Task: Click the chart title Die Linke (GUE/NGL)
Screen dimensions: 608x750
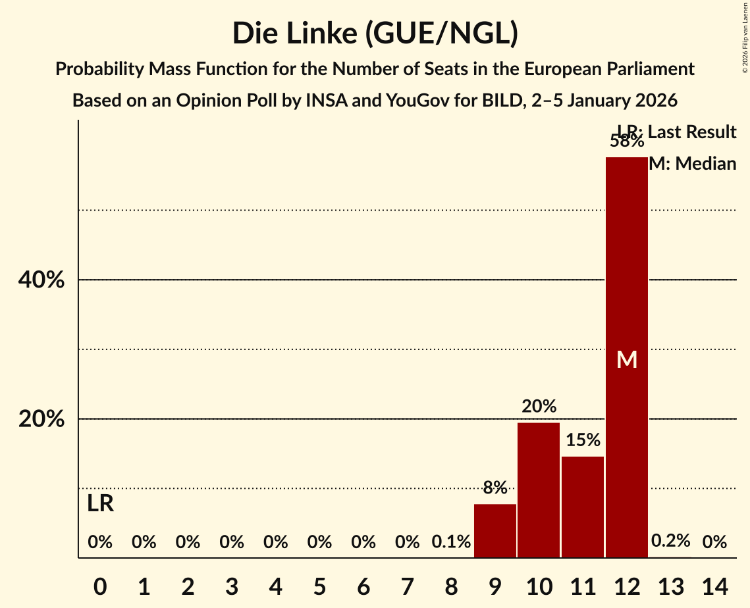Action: click(x=375, y=34)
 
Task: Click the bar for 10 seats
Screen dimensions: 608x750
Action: click(x=539, y=490)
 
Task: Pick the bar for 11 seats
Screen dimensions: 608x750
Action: click(x=583, y=507)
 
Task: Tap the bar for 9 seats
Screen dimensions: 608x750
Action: click(x=495, y=530)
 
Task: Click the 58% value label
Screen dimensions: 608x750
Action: click(x=627, y=141)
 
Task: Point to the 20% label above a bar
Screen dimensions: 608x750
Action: click(x=539, y=407)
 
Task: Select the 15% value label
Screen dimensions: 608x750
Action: click(x=583, y=440)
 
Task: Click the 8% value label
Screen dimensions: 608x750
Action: click(x=495, y=488)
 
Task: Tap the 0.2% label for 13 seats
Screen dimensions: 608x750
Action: click(x=670, y=541)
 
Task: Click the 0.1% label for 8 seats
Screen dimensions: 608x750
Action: click(x=451, y=542)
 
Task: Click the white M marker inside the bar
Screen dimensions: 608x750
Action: click(x=627, y=360)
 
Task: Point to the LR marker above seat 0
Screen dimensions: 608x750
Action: click(x=100, y=504)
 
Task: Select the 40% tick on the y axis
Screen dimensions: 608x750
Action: click(x=41, y=280)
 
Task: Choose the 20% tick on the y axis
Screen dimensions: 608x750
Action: click(x=41, y=419)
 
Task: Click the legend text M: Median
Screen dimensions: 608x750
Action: click(x=692, y=164)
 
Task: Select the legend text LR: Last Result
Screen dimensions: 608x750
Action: click(x=677, y=132)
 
